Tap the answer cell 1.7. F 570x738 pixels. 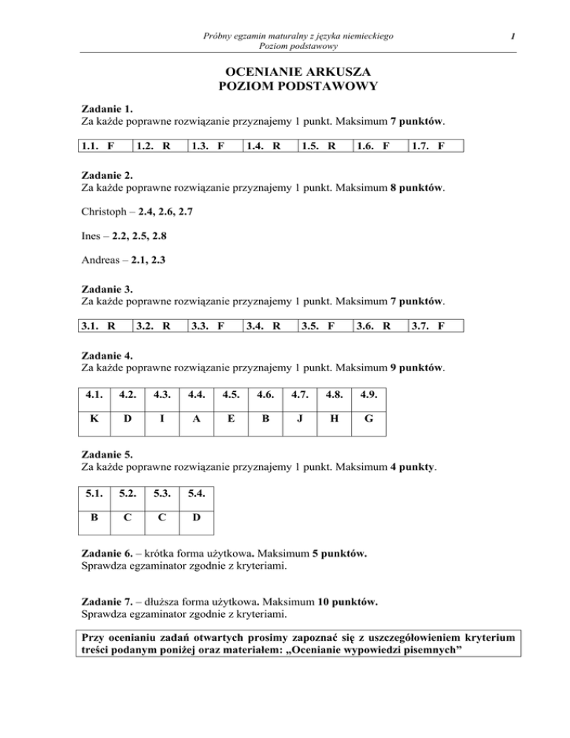pyautogui.click(x=436, y=146)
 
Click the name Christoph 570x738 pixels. pyautogui.click(x=102, y=212)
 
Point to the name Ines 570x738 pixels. pyautogui.click(x=91, y=235)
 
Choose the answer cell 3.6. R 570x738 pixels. pyautogui.click(x=381, y=325)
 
